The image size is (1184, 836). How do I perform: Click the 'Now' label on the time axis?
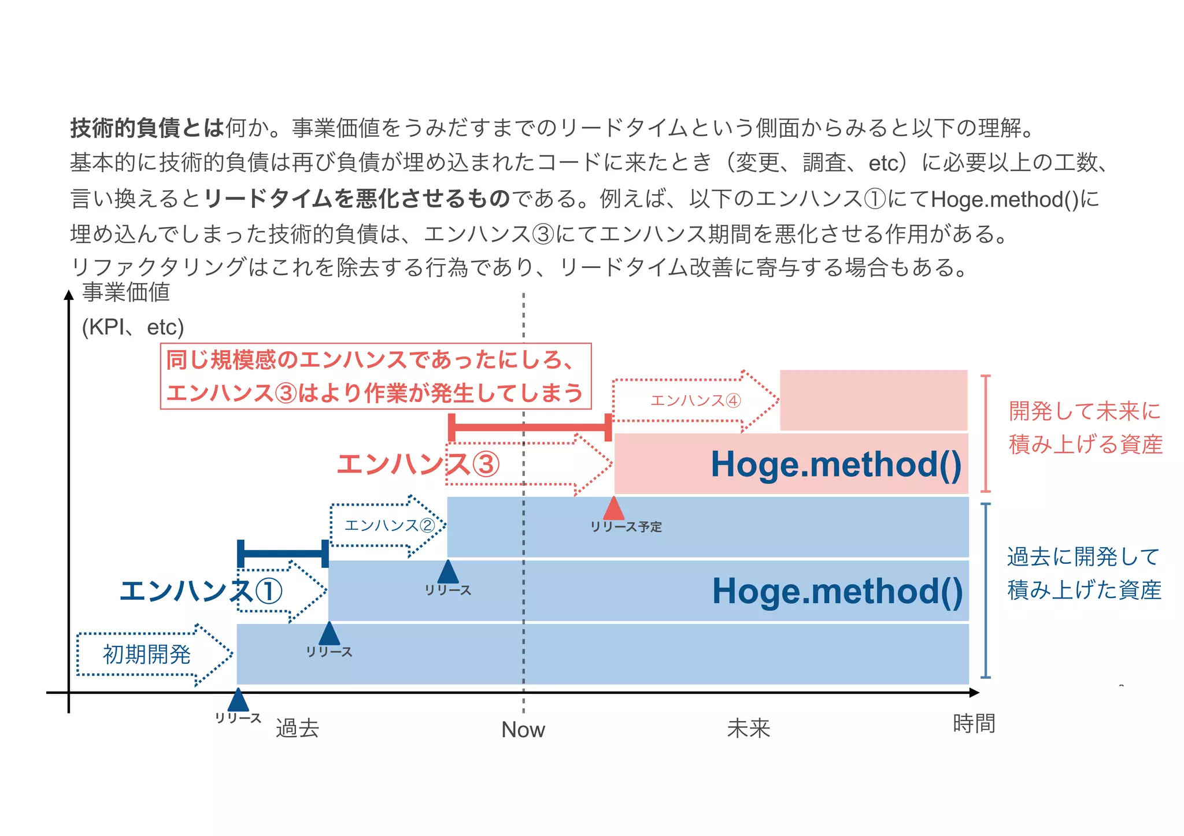pyautogui.click(x=523, y=730)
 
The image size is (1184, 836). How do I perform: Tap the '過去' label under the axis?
pyautogui.click(x=297, y=729)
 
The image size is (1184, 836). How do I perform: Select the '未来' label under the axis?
pyautogui.click(x=748, y=729)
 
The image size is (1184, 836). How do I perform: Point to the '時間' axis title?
pyautogui.click(x=974, y=723)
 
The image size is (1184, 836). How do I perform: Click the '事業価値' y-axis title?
pyautogui.click(x=126, y=292)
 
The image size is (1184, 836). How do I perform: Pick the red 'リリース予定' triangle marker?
pyautogui.click(x=613, y=508)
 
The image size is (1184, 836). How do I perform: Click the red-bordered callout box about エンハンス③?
pyautogui.click(x=375, y=376)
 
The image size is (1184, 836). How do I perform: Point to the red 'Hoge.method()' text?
pyautogui.click(x=836, y=464)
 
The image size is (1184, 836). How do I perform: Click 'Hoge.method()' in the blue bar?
pyautogui.click(x=837, y=591)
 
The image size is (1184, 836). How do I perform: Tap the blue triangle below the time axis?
pyautogui.click(x=238, y=700)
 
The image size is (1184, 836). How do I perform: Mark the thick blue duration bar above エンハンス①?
pyautogui.click(x=283, y=553)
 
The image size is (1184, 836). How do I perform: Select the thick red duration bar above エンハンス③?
pyautogui.click(x=530, y=428)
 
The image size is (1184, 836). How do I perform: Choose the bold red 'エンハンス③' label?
pyautogui.click(x=418, y=465)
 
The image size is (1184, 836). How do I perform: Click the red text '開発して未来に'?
pyautogui.click(x=1085, y=411)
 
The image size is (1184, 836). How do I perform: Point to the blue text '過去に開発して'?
pyautogui.click(x=1083, y=557)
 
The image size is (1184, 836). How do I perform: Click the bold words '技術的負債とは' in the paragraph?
pyautogui.click(x=147, y=128)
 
